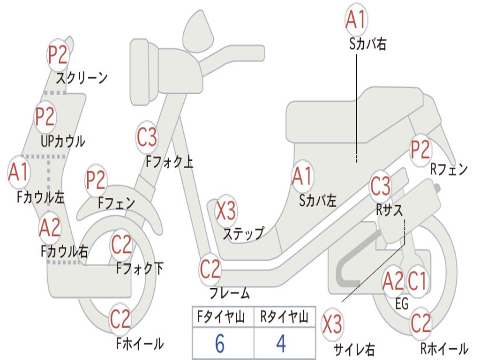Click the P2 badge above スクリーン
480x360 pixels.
coord(58,55)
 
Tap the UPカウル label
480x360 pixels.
coord(63,141)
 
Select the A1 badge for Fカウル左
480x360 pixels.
coord(19,172)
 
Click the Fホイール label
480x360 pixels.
coord(140,344)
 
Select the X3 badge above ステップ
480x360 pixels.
coord(226,211)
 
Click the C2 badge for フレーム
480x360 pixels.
coord(210,269)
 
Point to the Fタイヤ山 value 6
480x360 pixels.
coord(220,344)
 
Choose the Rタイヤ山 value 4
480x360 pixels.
coord(281,344)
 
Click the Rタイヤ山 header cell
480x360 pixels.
coord(284,318)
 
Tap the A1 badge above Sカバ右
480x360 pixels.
coord(356,20)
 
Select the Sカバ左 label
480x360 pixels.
coord(318,201)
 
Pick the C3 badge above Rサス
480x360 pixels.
coord(380,186)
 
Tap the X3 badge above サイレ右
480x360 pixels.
coord(332,325)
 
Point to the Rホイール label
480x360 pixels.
coord(443,348)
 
